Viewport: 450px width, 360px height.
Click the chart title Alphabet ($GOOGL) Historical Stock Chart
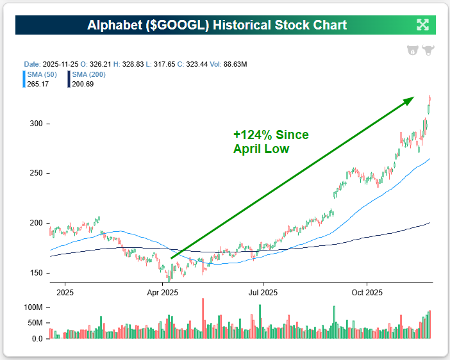click(x=217, y=25)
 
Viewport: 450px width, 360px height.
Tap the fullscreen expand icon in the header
click(x=422, y=25)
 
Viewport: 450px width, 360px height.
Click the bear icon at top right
click(x=413, y=51)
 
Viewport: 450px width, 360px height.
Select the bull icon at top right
click(x=428, y=51)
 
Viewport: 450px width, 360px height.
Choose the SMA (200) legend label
click(x=88, y=74)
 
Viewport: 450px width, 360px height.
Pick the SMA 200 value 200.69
click(x=83, y=83)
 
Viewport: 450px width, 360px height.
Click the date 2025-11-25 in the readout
click(x=60, y=65)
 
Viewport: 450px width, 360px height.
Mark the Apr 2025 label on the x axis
click(x=162, y=292)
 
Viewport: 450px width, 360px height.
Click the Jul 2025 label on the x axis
click(x=263, y=292)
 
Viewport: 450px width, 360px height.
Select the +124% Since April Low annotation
click(x=271, y=142)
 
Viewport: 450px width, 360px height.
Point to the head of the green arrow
click(x=412, y=99)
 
